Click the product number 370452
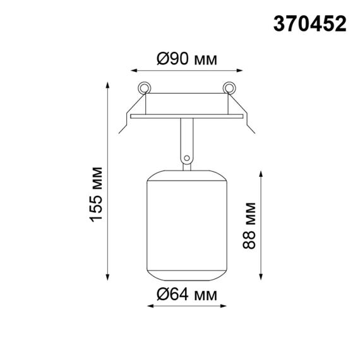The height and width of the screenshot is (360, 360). coord(309,23)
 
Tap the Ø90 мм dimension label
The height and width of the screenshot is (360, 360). coord(186,60)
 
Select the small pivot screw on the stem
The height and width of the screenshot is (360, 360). coord(186,158)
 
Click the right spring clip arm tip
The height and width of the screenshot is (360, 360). coord(252,132)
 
